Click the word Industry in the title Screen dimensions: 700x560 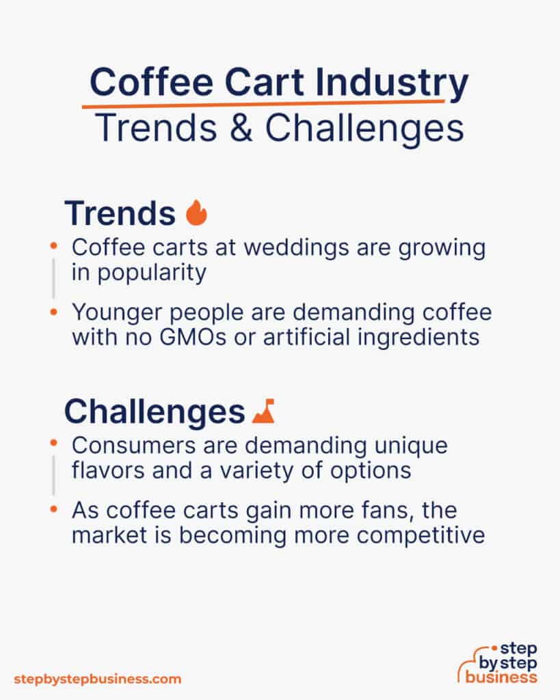coord(399,83)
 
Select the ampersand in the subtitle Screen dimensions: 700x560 coord(243,128)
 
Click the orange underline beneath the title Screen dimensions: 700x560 coord(263,104)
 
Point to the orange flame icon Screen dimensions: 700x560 coord(196,213)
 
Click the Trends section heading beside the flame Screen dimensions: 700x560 coord(120,214)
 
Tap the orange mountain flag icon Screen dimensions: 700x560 coord(263,412)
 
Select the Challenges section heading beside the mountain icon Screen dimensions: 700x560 coord(155,412)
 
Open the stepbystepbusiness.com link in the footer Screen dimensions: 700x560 coord(98,679)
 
